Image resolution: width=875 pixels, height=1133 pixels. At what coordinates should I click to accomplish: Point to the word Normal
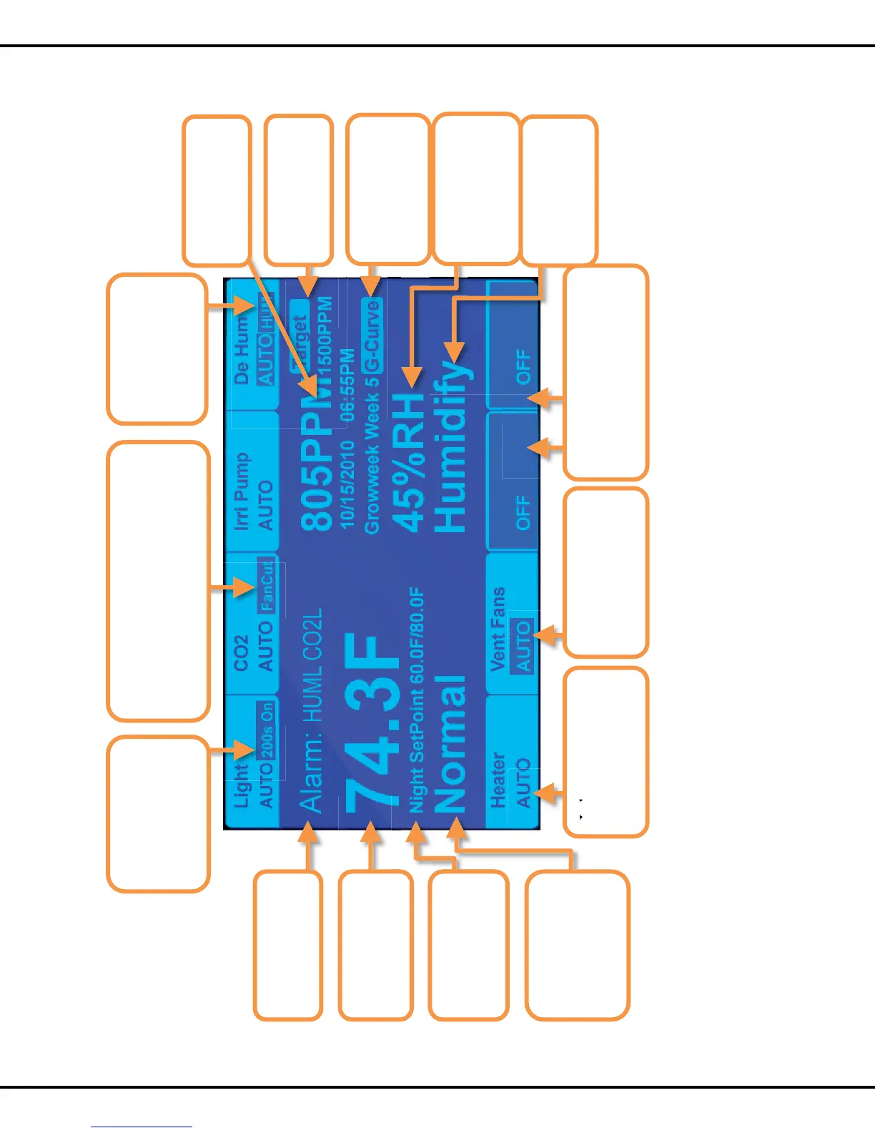451,744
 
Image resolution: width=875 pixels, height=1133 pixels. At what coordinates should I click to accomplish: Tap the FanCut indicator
266,585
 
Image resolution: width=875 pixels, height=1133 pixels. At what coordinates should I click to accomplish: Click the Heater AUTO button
512,780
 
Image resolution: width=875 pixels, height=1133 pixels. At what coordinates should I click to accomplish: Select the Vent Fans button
512,629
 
